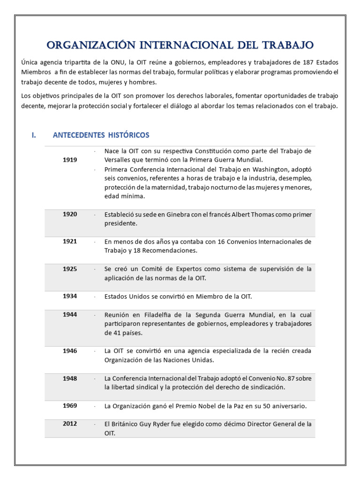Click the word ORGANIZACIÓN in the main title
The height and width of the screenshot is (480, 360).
tap(87, 45)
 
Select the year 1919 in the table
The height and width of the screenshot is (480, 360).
tap(70, 160)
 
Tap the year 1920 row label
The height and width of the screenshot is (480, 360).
tap(70, 214)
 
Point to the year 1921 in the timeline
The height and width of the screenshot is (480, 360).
tap(70, 241)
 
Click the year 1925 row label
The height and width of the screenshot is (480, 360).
tap(70, 269)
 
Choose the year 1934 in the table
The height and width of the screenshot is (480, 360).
tap(70, 296)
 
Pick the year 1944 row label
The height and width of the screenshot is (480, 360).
tap(70, 315)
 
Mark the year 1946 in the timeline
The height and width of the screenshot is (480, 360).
tap(70, 351)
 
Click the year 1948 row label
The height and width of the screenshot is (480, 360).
tap(70, 378)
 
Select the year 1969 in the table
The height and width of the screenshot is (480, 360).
tap(70, 405)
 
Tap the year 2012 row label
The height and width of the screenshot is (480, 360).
tap(70, 424)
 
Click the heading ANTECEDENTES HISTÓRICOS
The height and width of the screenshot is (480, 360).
tap(101, 135)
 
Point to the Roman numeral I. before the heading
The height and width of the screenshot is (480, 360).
tap(34, 135)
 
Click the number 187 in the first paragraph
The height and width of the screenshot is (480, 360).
tap(295, 62)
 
